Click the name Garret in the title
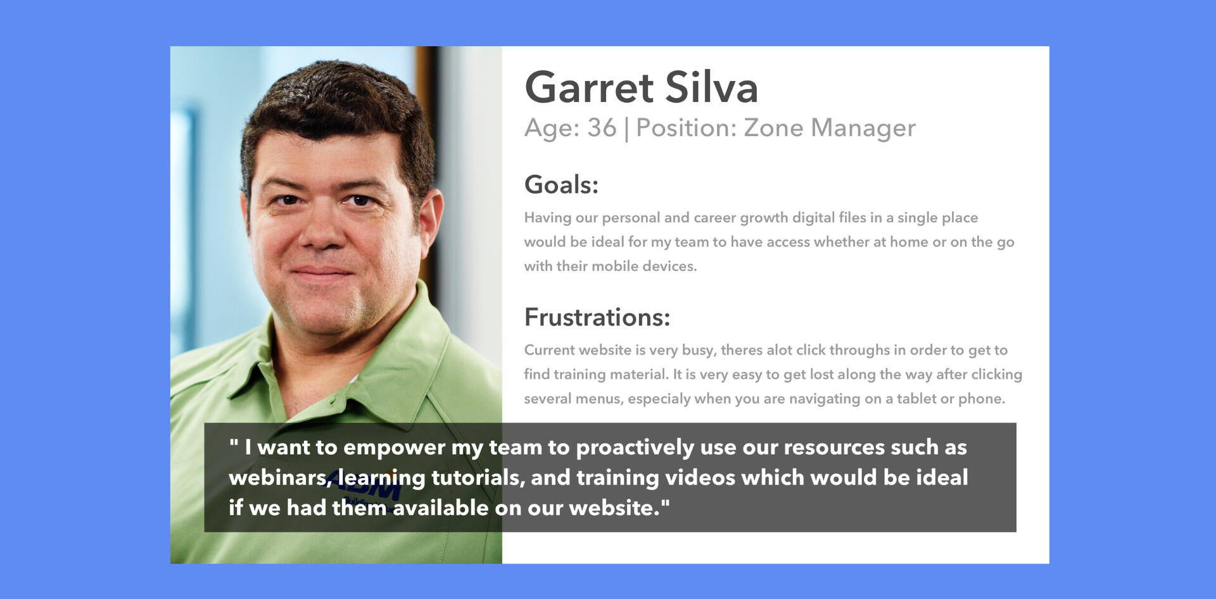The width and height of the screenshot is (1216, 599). pyautogui.click(x=589, y=87)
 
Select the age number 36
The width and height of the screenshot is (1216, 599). pyautogui.click(x=602, y=128)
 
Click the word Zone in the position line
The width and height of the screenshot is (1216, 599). pyautogui.click(x=773, y=128)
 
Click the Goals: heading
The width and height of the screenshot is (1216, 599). pyautogui.click(x=561, y=185)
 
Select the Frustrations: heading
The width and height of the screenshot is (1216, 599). pyautogui.click(x=597, y=317)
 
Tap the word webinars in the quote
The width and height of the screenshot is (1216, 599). pyautogui.click(x=280, y=477)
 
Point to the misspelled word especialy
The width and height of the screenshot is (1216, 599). pyautogui.click(x=658, y=399)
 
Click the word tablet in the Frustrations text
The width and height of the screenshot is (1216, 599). pyautogui.click(x=916, y=398)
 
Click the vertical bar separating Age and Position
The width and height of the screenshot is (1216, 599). pyautogui.click(x=626, y=129)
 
